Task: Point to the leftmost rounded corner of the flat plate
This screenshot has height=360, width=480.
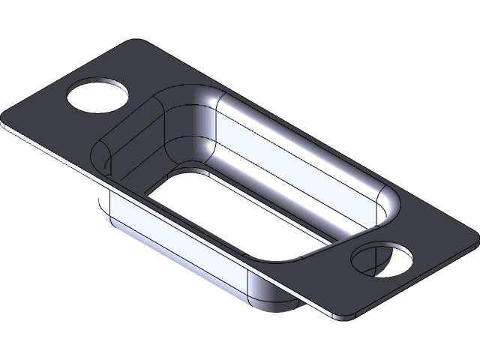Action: pyautogui.click(x=5, y=122)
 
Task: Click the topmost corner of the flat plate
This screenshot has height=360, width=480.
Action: pyautogui.click(x=143, y=40)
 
